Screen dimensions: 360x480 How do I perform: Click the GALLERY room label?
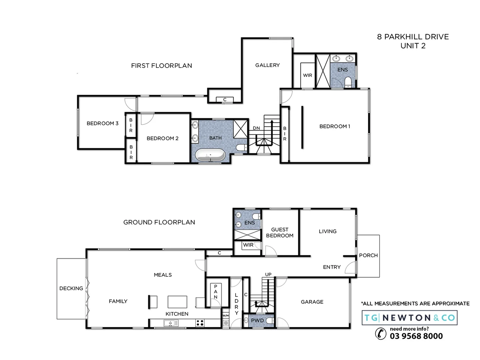[x=267, y=65]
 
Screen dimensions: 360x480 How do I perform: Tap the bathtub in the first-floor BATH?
[x=210, y=155]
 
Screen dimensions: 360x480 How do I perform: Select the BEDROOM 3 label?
[x=102, y=123]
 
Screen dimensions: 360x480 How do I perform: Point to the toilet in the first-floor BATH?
[x=241, y=147]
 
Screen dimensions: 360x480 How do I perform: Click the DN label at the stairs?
[x=256, y=128]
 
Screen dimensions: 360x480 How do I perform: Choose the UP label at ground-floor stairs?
[x=268, y=274]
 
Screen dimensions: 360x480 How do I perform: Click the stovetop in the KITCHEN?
[x=200, y=323]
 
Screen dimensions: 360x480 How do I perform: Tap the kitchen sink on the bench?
[x=171, y=323]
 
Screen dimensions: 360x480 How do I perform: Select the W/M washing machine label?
[x=226, y=315]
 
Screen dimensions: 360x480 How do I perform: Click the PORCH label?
[x=368, y=255]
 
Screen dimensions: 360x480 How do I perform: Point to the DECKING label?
[x=71, y=288]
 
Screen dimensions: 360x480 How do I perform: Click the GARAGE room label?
[x=312, y=302]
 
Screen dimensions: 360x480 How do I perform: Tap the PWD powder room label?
[x=257, y=320]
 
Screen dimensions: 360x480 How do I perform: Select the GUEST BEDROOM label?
[x=280, y=232]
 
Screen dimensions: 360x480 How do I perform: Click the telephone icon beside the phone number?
[x=381, y=333]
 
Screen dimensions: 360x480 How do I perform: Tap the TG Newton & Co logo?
[x=410, y=318]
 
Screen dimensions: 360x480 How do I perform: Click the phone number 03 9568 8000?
[x=416, y=336]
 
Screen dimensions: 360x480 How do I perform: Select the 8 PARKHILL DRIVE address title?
[x=413, y=37]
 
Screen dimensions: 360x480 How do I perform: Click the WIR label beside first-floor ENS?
[x=307, y=75]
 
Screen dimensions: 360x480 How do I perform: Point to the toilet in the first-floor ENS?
[x=348, y=81]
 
